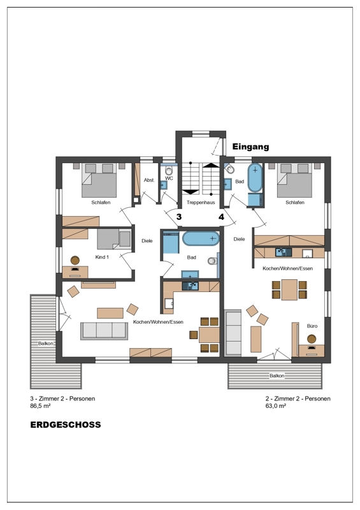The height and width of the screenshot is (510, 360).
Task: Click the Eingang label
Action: click(250, 147)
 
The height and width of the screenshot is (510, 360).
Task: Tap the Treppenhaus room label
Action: click(201, 202)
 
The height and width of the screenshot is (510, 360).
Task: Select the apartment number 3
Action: click(179, 217)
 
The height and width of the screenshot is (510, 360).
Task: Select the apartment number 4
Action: click(222, 217)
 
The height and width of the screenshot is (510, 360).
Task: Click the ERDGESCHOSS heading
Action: click(66, 425)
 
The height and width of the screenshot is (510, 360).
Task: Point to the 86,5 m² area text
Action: click(40, 406)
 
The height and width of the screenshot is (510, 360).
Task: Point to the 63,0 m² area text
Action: click(276, 406)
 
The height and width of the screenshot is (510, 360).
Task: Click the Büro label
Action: click(312, 326)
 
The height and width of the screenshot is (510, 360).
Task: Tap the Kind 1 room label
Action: click(102, 257)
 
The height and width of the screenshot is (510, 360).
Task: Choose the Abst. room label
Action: click(149, 180)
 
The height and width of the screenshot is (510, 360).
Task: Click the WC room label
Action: click(169, 178)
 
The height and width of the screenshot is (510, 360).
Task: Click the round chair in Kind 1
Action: click(75, 260)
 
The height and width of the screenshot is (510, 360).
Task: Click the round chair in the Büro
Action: click(312, 339)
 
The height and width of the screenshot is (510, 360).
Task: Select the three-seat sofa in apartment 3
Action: click(104, 331)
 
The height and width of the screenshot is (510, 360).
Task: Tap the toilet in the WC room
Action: click(168, 170)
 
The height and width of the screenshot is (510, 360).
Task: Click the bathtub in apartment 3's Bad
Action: click(201, 238)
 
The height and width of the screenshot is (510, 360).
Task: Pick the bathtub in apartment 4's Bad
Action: click(255, 178)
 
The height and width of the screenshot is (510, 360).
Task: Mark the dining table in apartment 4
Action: click(289, 289)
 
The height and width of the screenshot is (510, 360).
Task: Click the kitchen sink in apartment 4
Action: click(284, 252)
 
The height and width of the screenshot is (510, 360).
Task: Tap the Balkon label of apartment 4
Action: click(277, 375)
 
